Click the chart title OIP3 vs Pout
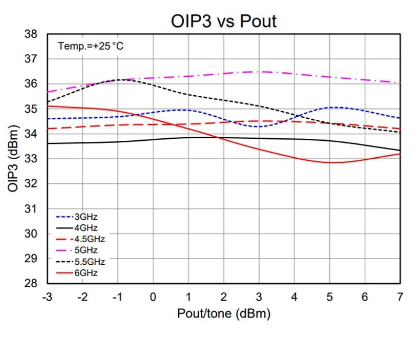pyautogui.click(x=224, y=21)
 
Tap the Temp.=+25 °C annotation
pyautogui.click(x=91, y=46)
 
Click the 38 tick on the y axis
pyautogui.click(x=31, y=34)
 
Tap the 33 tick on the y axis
pyautogui.click(x=31, y=159)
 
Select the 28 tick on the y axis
pyautogui.click(x=31, y=284)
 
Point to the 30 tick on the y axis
pyautogui.click(x=31, y=234)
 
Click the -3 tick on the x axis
pyautogui.click(x=46, y=297)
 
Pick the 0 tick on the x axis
pyautogui.click(x=153, y=297)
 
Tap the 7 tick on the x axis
pyautogui.click(x=400, y=297)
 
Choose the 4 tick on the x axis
pyautogui.click(x=294, y=297)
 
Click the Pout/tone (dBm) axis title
pyautogui.click(x=224, y=313)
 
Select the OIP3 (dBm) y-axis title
pyautogui.click(x=13, y=159)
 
